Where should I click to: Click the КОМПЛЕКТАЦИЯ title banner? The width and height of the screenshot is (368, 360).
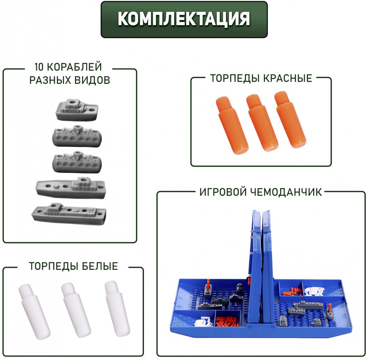[x=184, y=20]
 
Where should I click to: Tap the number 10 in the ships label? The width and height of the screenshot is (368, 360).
[x=39, y=67]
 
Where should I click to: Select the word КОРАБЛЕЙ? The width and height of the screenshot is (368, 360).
[x=74, y=67]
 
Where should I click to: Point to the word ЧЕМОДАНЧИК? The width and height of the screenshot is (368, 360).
[x=286, y=192]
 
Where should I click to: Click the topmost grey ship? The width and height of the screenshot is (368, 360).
[x=77, y=110]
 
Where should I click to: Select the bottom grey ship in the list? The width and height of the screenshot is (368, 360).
[x=69, y=213]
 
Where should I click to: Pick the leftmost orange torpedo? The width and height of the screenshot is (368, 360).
[x=232, y=125]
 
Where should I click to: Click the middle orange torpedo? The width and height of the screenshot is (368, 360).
[x=262, y=123]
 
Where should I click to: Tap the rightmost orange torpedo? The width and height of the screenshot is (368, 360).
[x=290, y=120]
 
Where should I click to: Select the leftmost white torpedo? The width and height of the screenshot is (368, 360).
[x=35, y=311]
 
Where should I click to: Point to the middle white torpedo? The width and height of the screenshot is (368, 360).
[x=76, y=310]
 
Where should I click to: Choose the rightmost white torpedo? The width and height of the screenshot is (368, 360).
[x=117, y=308]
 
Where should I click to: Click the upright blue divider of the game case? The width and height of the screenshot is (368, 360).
[x=261, y=268]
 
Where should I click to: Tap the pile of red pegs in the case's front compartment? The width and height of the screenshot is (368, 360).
[x=228, y=321]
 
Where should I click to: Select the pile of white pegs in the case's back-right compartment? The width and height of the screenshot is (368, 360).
[x=314, y=291]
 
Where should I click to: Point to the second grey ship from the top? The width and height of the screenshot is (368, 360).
[x=77, y=136]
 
